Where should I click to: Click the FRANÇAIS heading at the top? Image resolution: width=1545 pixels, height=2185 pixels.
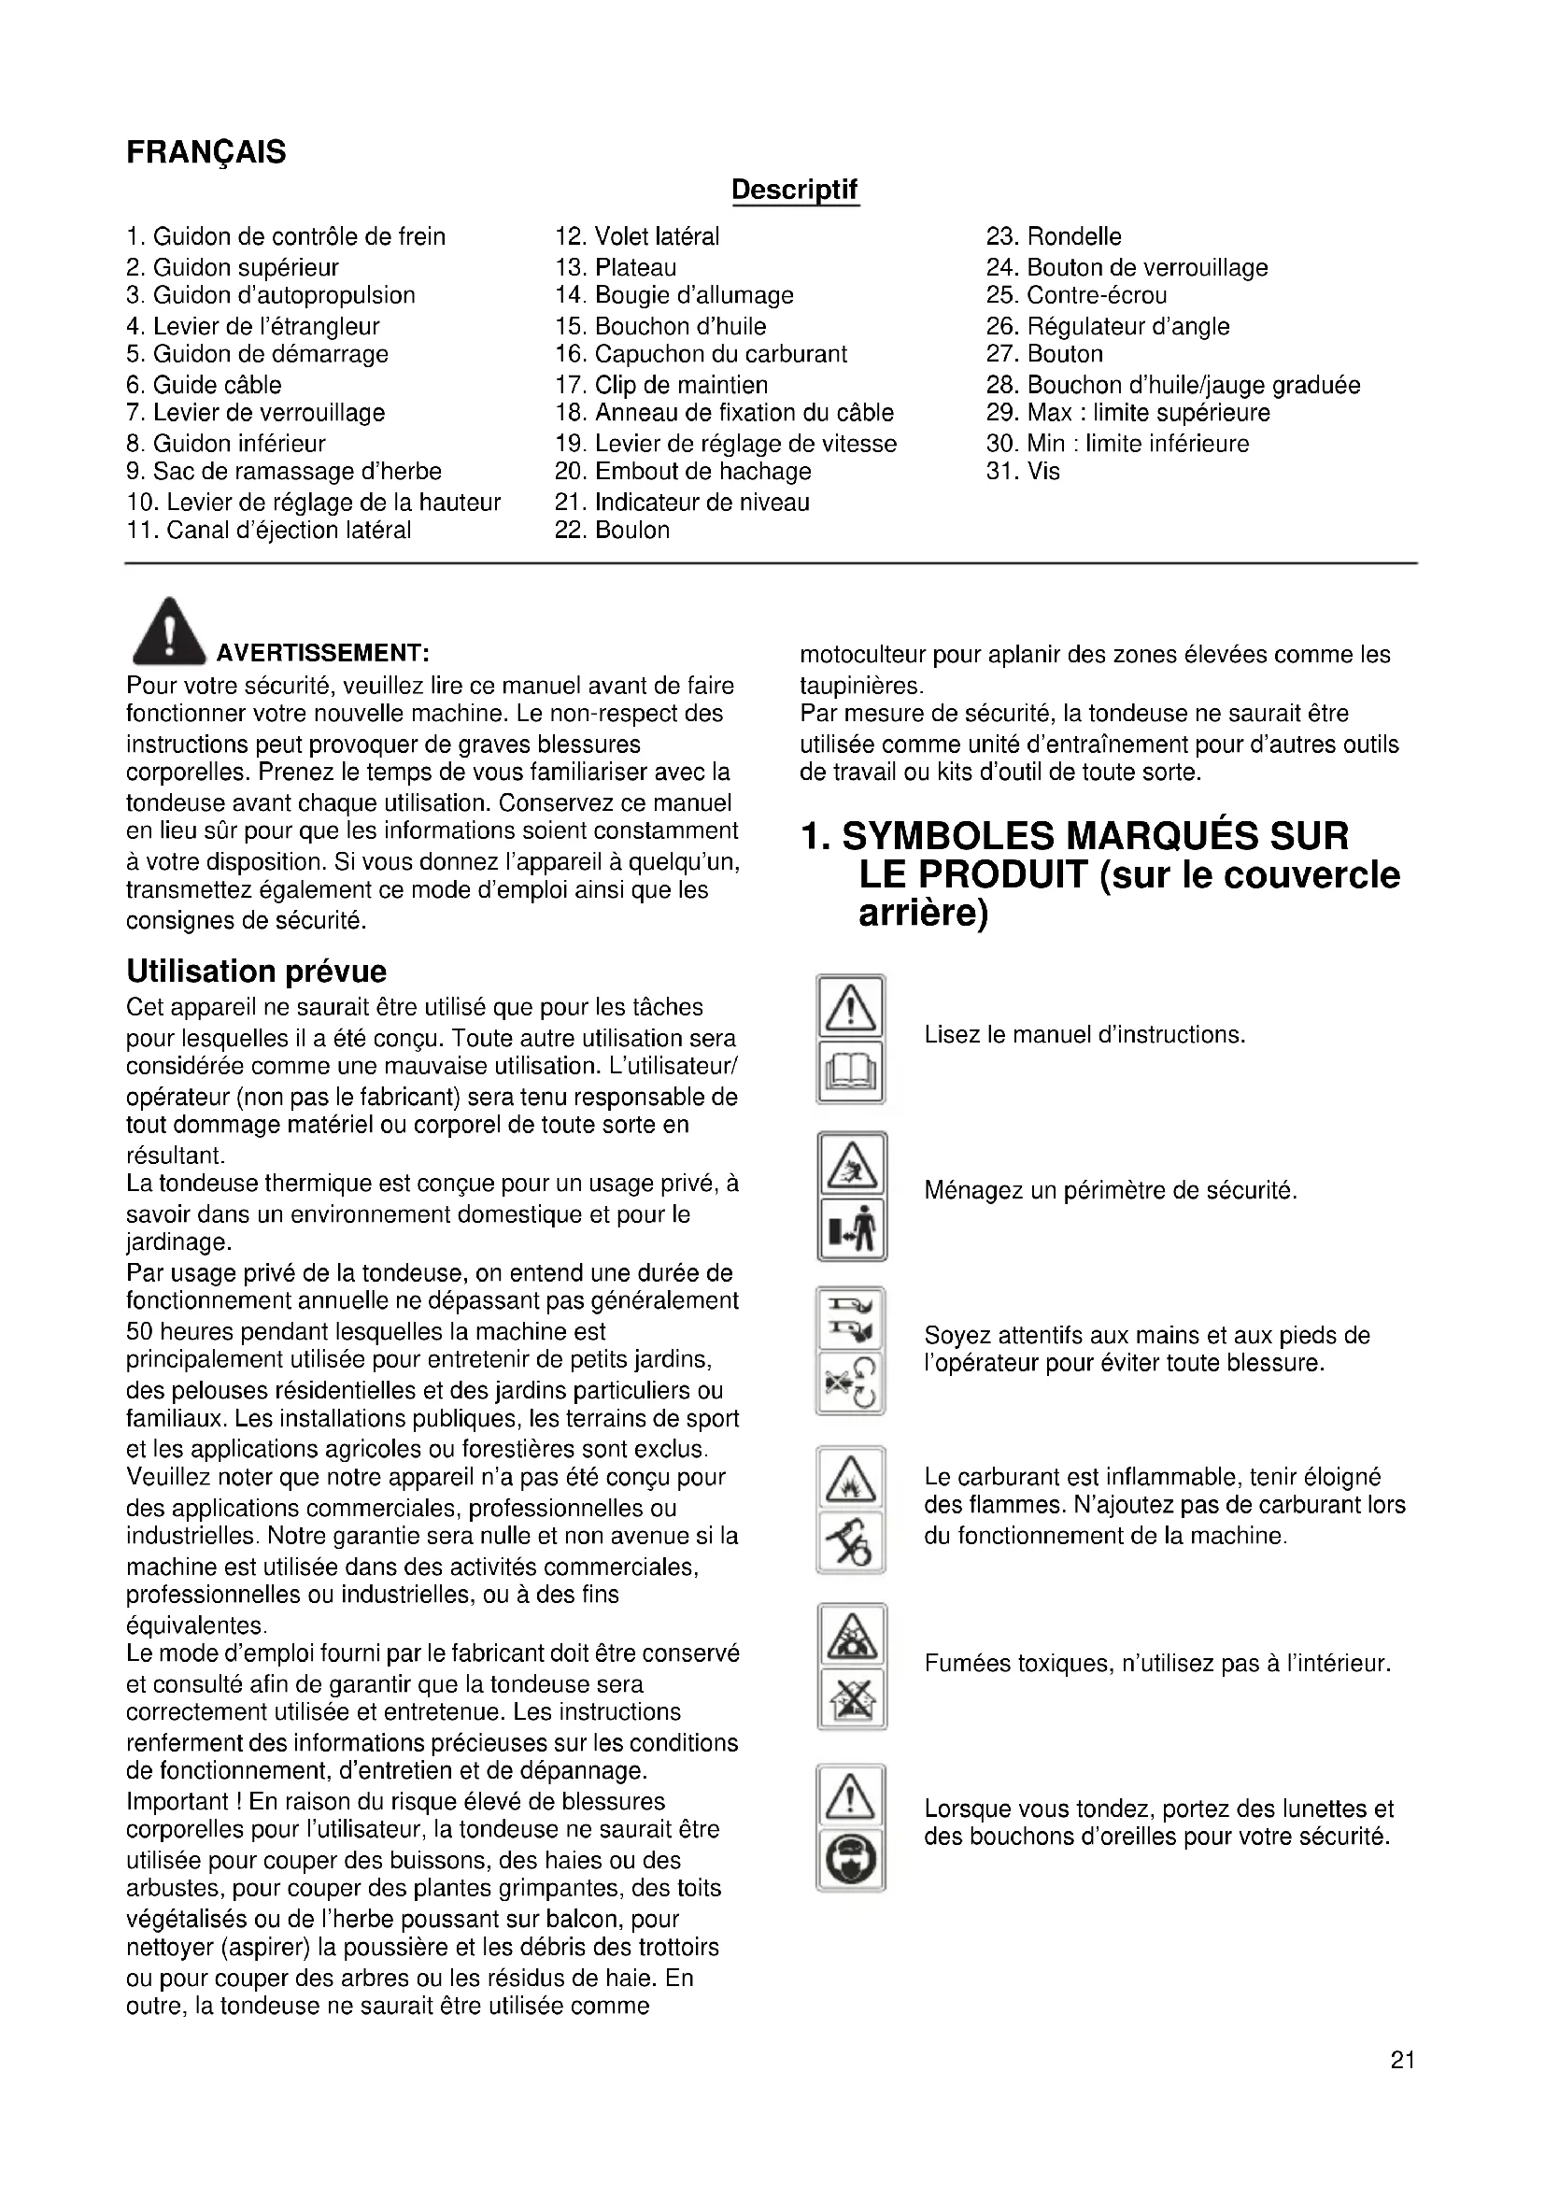click(x=206, y=152)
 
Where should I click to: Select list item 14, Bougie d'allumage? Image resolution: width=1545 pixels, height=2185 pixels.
click(x=674, y=295)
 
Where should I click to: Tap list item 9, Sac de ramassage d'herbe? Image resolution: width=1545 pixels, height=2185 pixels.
click(x=284, y=471)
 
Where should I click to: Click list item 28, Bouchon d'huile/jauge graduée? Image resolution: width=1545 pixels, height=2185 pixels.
click(x=1173, y=385)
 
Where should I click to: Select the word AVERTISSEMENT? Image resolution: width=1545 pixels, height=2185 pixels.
click(x=322, y=653)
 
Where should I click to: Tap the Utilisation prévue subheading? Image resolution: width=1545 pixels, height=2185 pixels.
click(x=256, y=971)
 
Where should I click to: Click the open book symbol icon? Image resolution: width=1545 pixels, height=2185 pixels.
click(x=851, y=1072)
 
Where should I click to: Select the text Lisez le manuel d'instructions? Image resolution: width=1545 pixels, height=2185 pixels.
click(x=1084, y=1034)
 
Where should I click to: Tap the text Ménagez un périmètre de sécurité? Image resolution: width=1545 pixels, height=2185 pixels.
click(x=1111, y=1190)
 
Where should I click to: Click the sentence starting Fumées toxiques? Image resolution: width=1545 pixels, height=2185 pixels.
click(x=1156, y=1664)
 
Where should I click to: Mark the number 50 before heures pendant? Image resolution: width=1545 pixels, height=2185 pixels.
click(x=141, y=1331)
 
